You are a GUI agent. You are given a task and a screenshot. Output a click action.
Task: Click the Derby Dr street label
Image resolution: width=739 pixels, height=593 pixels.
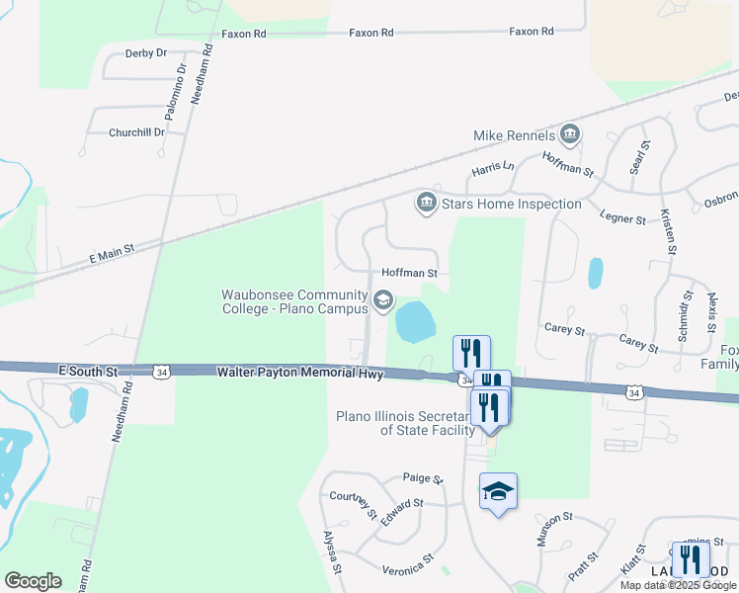[145, 53]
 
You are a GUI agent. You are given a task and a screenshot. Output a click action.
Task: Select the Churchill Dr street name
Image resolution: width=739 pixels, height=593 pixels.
[136, 132]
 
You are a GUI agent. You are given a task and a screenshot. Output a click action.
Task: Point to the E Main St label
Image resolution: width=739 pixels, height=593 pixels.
[111, 255]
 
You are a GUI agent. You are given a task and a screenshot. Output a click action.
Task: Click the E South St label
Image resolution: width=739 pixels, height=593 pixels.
[88, 372]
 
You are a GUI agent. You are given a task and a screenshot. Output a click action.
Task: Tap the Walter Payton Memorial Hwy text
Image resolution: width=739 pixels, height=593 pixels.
[300, 372]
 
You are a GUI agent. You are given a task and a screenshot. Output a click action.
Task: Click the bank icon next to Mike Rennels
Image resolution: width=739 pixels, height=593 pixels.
[569, 133]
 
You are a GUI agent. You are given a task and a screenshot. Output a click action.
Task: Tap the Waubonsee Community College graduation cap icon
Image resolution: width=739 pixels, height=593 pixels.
[382, 299]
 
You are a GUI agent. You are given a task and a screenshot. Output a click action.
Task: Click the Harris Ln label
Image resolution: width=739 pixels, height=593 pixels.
[493, 169]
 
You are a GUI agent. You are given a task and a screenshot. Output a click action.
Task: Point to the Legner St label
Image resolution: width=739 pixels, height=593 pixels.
[622, 217]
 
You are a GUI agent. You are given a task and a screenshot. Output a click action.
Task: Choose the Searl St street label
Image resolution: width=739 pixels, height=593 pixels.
[640, 158]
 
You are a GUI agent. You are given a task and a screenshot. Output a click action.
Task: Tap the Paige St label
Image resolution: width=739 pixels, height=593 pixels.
[423, 478]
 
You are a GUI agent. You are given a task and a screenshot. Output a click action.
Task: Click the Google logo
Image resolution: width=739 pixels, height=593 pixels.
[33, 581]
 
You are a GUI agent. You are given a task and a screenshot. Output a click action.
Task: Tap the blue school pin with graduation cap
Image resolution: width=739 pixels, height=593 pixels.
[499, 492]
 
